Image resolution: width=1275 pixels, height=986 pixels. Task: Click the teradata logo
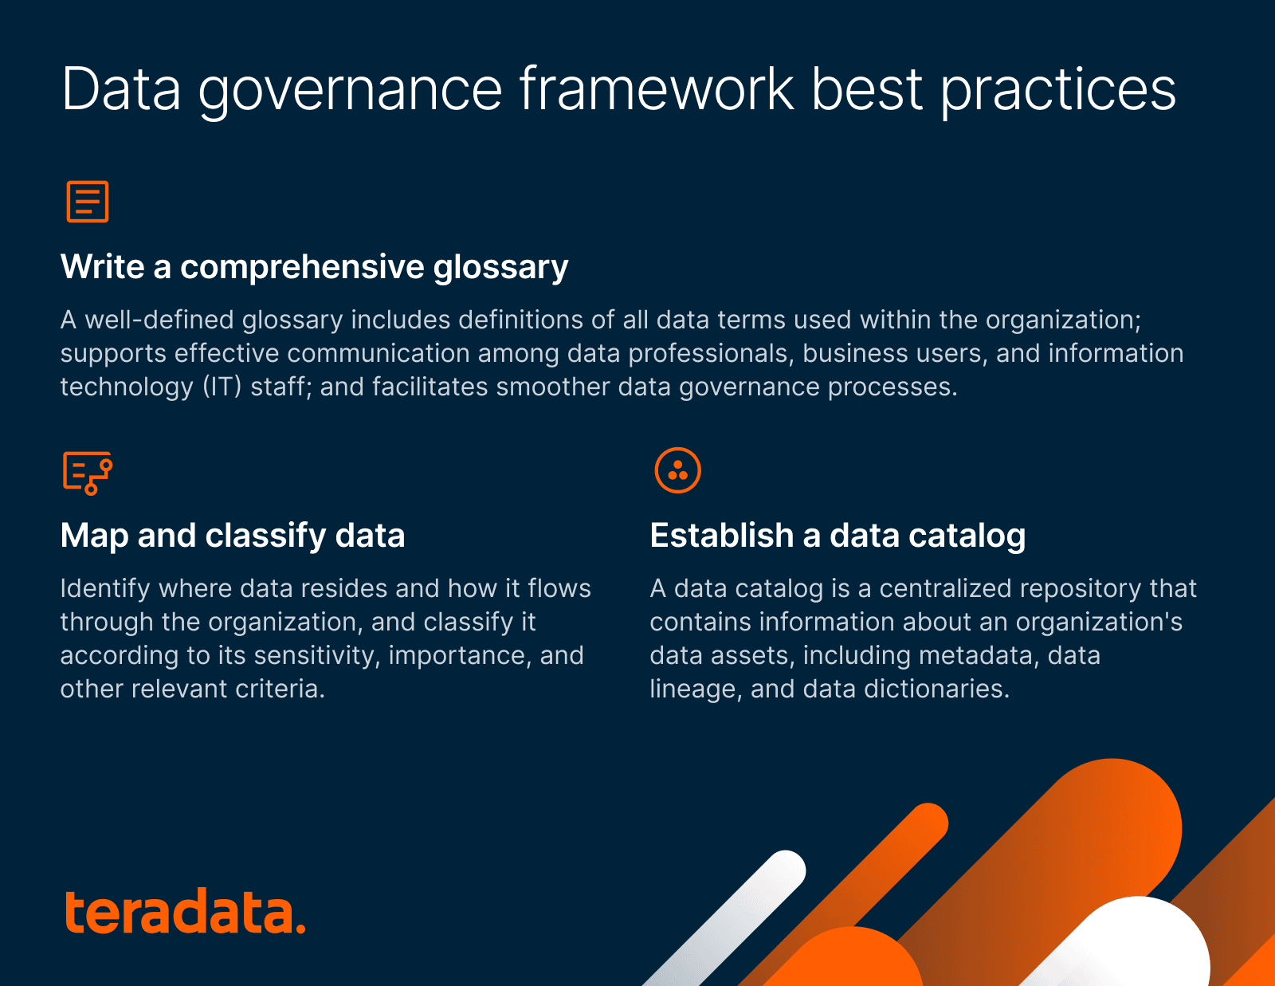pyautogui.click(x=183, y=912)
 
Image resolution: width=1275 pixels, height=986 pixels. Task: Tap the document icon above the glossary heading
pyautogui.click(x=88, y=201)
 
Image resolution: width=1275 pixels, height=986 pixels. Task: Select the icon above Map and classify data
pyautogui.click(x=88, y=472)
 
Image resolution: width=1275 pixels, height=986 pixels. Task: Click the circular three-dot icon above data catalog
pyautogui.click(x=677, y=470)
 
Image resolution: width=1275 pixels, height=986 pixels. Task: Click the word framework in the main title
pyautogui.click(x=657, y=89)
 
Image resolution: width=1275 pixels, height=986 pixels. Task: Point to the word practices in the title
pyautogui.click(x=1057, y=89)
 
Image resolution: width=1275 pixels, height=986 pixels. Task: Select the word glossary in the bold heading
pyautogui.click(x=500, y=268)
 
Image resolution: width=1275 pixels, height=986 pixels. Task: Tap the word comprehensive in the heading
pyautogui.click(x=302, y=266)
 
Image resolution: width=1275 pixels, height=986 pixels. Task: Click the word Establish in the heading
pyautogui.click(x=721, y=536)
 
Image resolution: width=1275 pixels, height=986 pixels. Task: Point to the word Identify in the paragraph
pyautogui.click(x=105, y=588)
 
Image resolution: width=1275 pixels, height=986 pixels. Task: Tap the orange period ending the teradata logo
pyautogui.click(x=300, y=928)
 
